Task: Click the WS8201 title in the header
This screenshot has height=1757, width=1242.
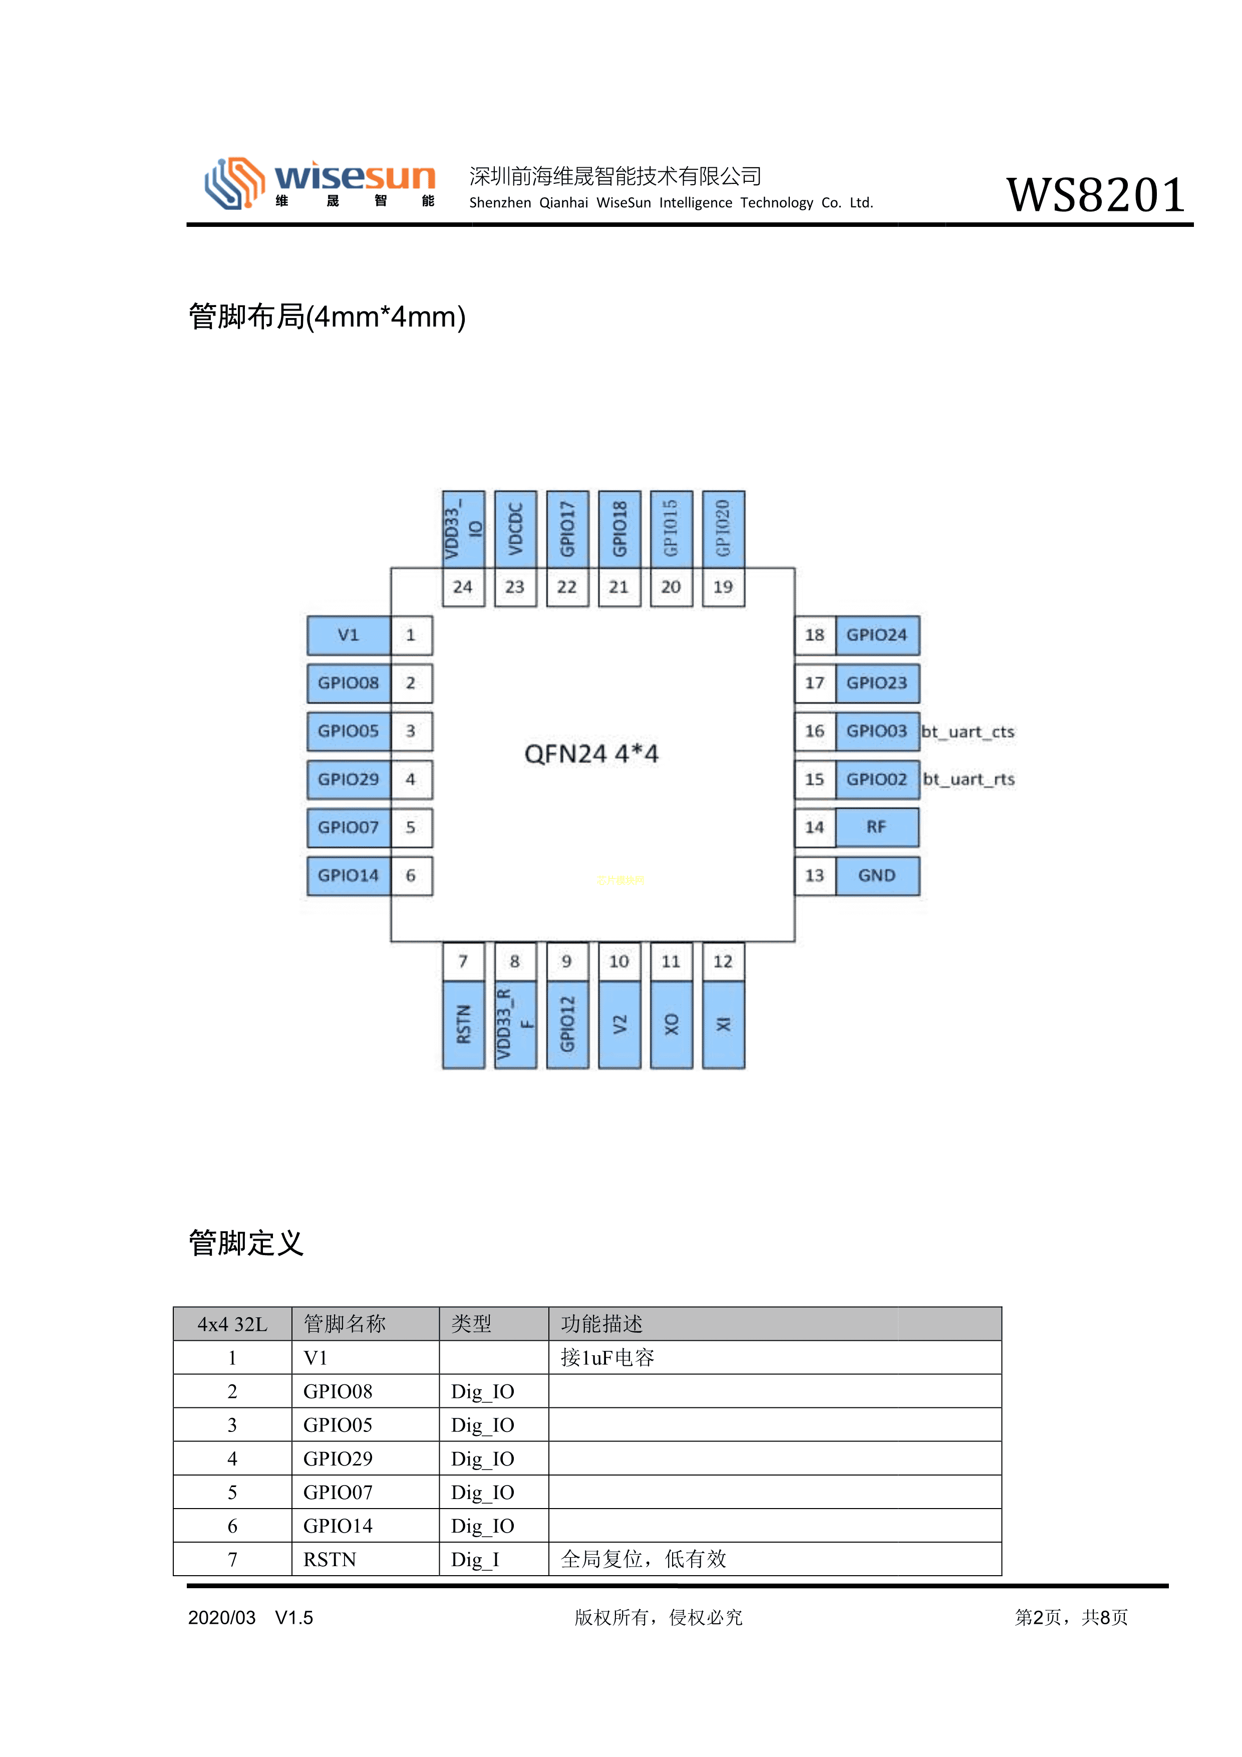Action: (1095, 195)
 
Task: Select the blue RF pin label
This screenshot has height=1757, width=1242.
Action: (876, 827)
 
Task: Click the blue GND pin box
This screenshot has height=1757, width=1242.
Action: (876, 875)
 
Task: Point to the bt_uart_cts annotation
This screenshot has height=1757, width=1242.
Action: (968, 732)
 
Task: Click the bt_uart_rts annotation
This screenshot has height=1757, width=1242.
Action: (969, 780)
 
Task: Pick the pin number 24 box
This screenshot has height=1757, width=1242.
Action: (463, 587)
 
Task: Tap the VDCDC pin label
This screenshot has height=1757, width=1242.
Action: (515, 529)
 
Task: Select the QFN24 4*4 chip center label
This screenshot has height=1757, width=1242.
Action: (591, 754)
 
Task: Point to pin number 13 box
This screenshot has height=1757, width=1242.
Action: (814, 875)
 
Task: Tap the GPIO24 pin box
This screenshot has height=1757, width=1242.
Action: (876, 635)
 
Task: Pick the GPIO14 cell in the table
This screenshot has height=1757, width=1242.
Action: (338, 1526)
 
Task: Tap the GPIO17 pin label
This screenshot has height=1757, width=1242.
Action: (567, 529)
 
